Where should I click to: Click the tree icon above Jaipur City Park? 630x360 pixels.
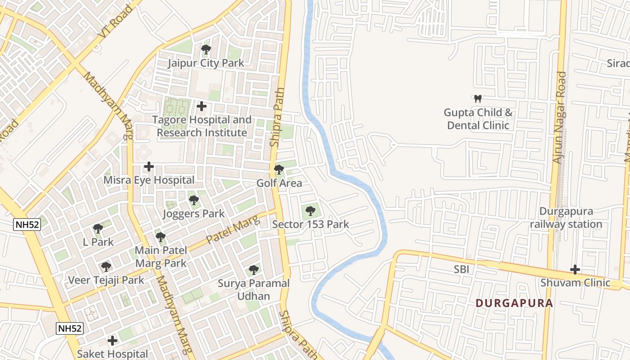206,49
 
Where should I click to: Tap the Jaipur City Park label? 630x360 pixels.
206,63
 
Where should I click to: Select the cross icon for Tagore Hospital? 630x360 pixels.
202,106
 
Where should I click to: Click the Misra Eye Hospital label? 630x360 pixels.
149,180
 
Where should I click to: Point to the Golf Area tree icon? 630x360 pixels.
279,170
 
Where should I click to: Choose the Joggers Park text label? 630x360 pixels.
193,214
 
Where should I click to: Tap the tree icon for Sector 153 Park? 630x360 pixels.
310,210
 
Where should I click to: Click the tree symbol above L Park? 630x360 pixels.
98,229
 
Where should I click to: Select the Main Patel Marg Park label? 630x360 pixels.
161,256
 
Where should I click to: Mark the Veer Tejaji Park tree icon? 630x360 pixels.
106,267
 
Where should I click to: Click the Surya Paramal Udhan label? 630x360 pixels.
254,290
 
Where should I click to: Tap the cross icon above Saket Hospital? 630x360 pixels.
112,340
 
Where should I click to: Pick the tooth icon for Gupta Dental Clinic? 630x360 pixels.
478,99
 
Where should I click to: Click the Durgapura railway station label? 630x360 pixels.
566,218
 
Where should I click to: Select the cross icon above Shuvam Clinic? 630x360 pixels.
575,270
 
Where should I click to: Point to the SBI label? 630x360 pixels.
462,270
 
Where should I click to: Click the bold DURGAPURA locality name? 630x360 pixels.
514,303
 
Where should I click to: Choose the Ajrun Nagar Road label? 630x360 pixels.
559,117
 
